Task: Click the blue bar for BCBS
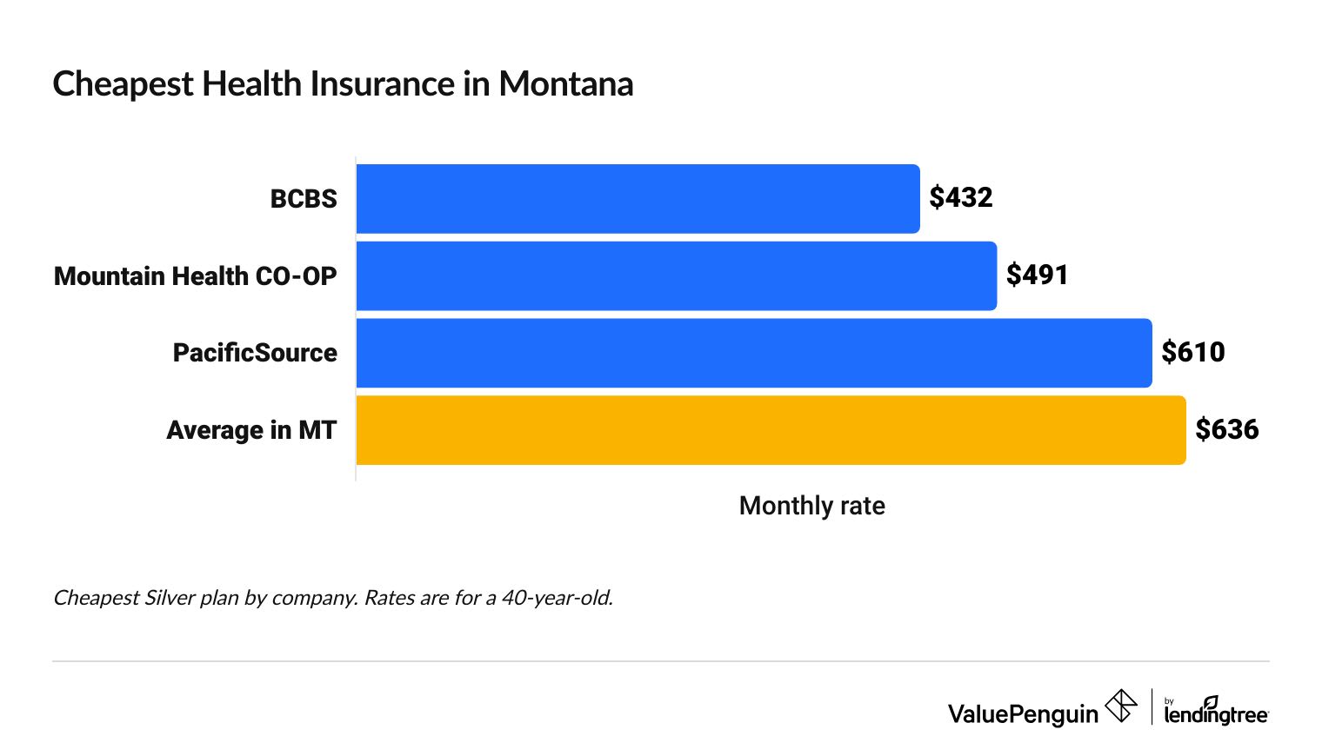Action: tap(638, 199)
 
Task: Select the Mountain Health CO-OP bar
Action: tap(676, 276)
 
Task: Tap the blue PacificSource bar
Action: tap(753, 353)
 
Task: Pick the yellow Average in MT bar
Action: tap(771, 430)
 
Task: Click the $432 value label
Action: tap(960, 198)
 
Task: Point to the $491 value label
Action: tap(1037, 275)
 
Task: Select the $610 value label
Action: tap(1192, 353)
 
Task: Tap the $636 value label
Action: tap(1226, 429)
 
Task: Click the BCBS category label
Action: tap(303, 199)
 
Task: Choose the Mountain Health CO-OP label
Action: tap(195, 276)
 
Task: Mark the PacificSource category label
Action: tap(254, 353)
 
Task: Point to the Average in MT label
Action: tap(250, 430)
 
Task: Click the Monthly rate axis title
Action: tap(811, 506)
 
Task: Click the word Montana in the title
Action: tap(565, 84)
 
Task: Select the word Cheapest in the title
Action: tap(123, 84)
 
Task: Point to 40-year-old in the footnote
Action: tap(557, 598)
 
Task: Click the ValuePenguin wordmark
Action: tap(1023, 714)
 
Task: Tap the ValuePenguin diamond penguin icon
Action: tap(1120, 706)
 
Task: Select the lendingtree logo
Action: tap(1216, 711)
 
